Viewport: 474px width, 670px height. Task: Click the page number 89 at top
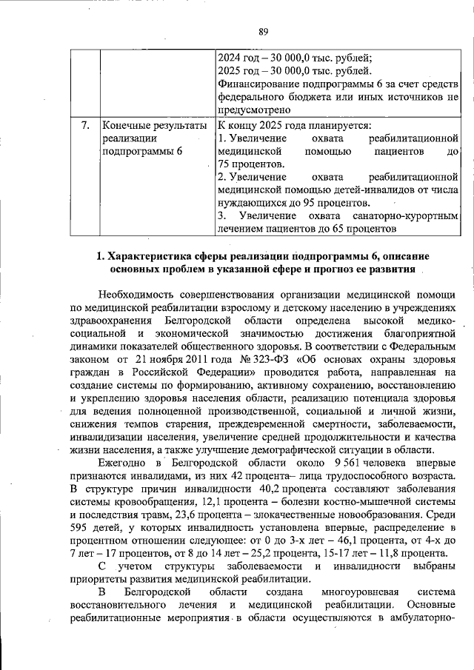[x=262, y=30]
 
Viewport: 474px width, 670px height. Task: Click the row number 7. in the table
[x=85, y=125]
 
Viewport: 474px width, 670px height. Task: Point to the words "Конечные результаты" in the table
[x=155, y=125]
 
